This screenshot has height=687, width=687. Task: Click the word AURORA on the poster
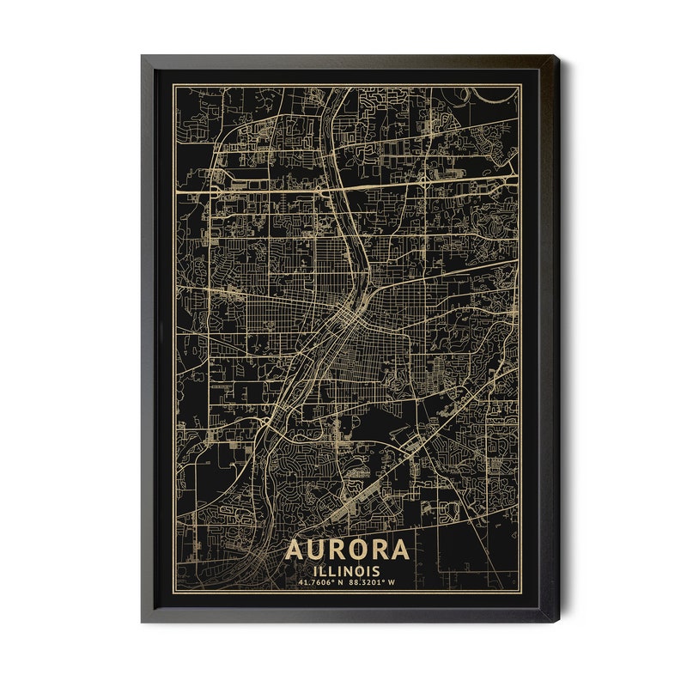(347, 550)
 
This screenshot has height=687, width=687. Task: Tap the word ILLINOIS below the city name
(347, 571)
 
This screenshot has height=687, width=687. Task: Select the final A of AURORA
(400, 550)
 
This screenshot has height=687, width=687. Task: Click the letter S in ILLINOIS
(377, 571)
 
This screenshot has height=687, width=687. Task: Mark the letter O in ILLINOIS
(359, 571)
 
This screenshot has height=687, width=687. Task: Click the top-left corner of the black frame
(143, 57)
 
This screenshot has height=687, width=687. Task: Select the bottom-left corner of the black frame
(143, 622)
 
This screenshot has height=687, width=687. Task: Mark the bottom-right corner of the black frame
(556, 622)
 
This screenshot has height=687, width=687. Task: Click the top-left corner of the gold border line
(175, 85)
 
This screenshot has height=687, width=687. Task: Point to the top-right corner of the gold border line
(520, 85)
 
